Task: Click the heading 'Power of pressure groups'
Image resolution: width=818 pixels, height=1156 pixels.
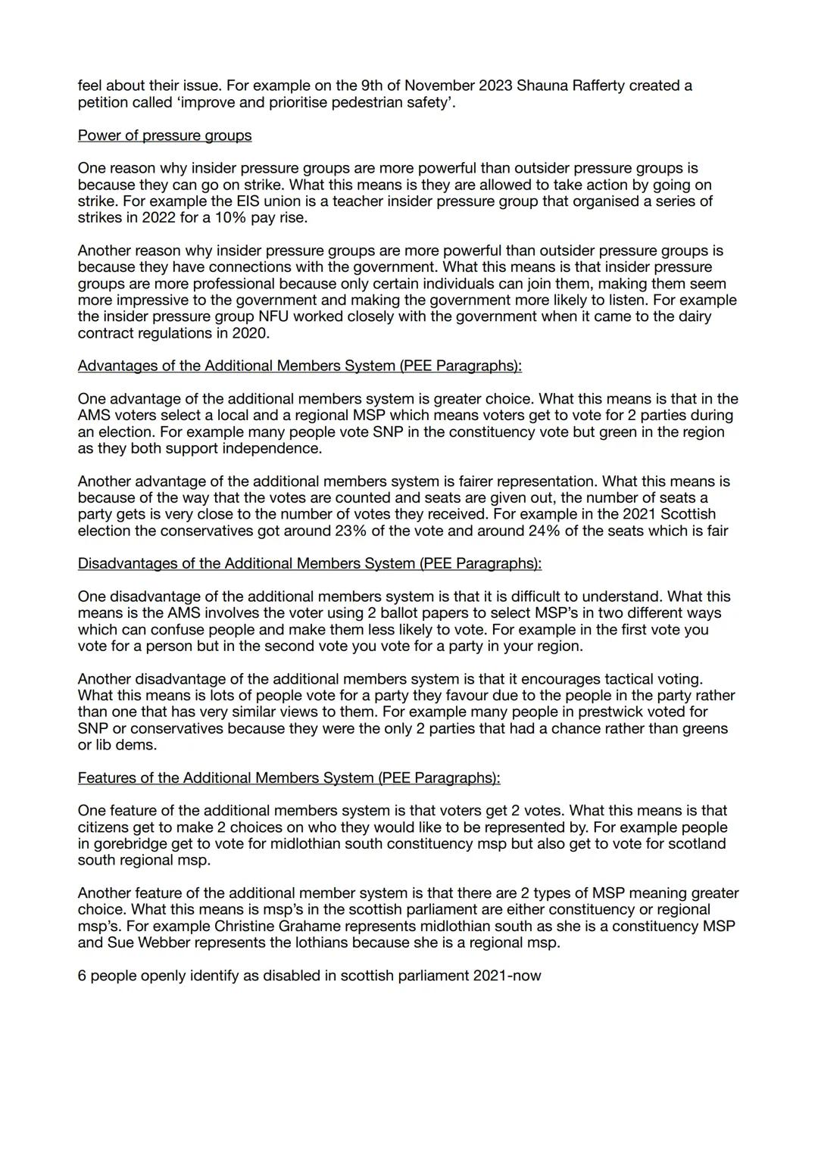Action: point(164,136)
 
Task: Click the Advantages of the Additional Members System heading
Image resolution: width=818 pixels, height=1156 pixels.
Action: point(299,366)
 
